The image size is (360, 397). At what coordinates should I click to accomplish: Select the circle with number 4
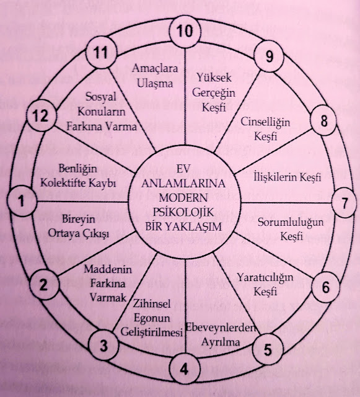click(x=184, y=370)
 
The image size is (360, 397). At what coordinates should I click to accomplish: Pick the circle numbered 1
click(x=22, y=201)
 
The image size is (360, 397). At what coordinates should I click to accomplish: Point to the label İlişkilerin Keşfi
click(x=288, y=178)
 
